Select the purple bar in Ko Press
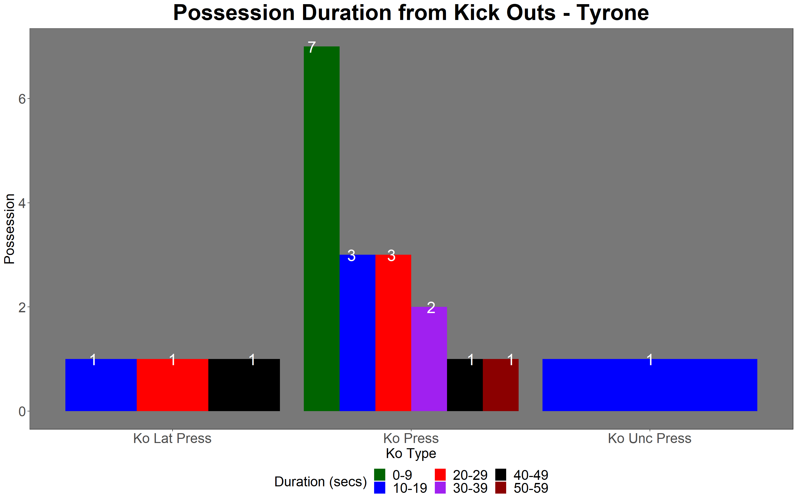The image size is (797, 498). click(x=429, y=359)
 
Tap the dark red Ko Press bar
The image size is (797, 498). click(x=501, y=385)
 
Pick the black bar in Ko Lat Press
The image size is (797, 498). click(x=244, y=385)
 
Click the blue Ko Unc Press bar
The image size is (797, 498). click(x=650, y=385)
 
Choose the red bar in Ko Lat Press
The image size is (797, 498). click(x=173, y=385)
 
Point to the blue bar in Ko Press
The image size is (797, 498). click(x=357, y=333)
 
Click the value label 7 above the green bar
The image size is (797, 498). click(x=312, y=47)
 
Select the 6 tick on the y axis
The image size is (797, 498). click(x=22, y=99)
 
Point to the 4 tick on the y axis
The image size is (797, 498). click(x=22, y=203)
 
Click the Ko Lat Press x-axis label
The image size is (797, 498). click(x=172, y=438)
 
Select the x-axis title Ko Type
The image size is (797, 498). click(x=411, y=454)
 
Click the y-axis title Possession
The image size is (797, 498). click(x=9, y=229)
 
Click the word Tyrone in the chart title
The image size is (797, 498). click(x=613, y=13)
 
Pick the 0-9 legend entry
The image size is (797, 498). click(x=393, y=475)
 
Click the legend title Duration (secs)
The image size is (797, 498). click(x=320, y=482)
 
